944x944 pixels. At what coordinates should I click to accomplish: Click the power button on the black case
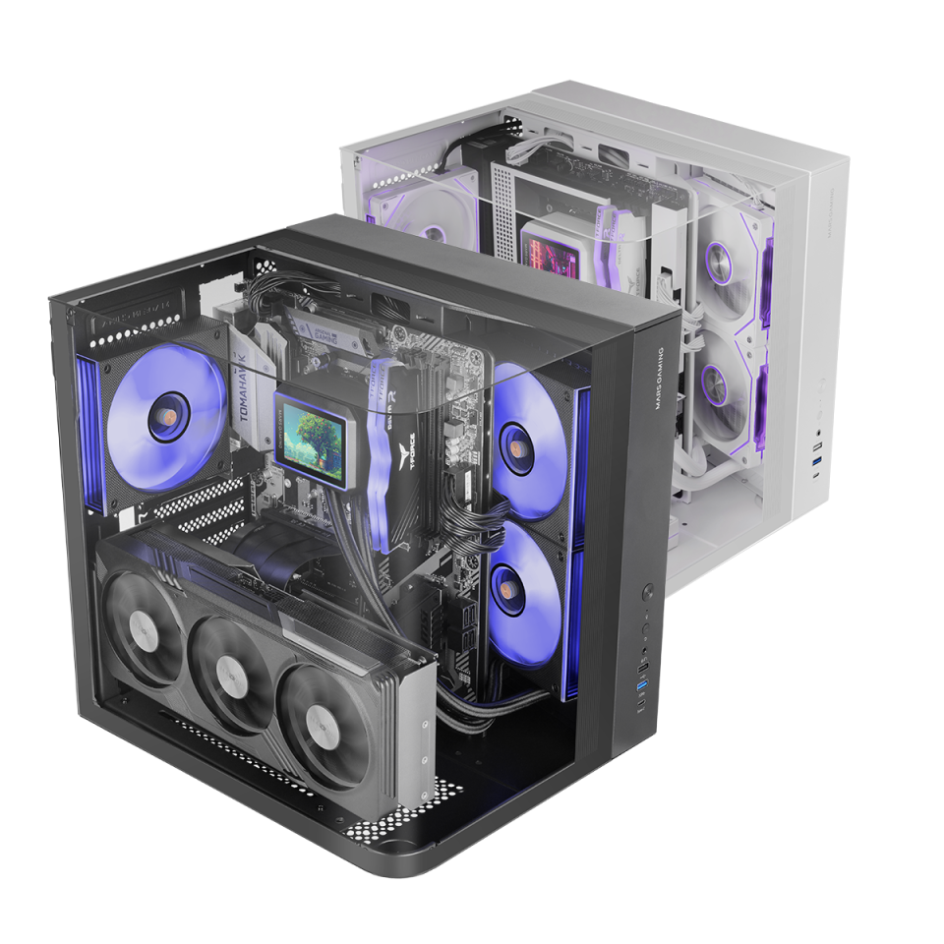(x=647, y=594)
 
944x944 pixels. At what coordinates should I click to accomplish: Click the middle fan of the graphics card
(x=233, y=673)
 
